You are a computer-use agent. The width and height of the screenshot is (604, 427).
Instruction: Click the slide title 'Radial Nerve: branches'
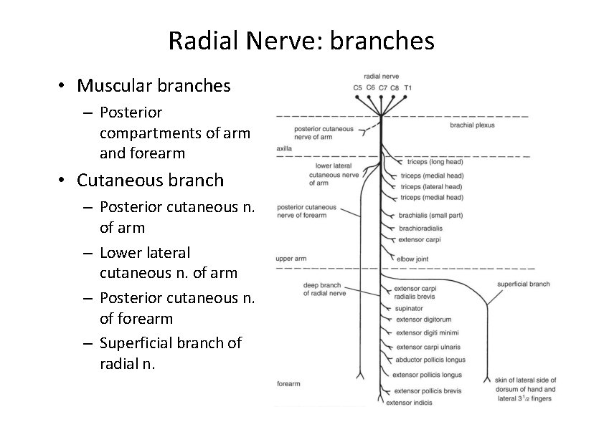click(x=301, y=41)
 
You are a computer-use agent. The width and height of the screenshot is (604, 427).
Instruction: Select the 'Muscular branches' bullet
click(x=154, y=86)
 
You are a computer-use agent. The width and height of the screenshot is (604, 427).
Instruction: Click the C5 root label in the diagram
click(x=358, y=87)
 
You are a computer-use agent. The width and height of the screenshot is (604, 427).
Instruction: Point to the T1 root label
click(x=408, y=87)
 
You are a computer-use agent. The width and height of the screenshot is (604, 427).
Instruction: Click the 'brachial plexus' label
click(x=472, y=125)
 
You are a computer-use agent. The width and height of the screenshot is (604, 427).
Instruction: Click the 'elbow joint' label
click(x=414, y=259)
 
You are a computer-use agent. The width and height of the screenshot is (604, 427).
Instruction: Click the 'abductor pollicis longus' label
click(x=430, y=360)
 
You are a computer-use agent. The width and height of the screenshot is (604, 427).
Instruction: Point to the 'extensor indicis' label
click(x=410, y=403)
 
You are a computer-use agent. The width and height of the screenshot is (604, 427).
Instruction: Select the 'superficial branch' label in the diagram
click(x=523, y=284)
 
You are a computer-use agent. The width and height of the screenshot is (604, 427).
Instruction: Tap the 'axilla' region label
click(x=284, y=149)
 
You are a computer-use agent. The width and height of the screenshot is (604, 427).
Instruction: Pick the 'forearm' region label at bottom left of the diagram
click(x=288, y=384)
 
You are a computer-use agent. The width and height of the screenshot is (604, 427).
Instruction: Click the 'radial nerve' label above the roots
click(x=382, y=76)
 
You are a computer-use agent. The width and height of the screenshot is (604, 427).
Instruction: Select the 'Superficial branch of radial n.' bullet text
click(x=170, y=353)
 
